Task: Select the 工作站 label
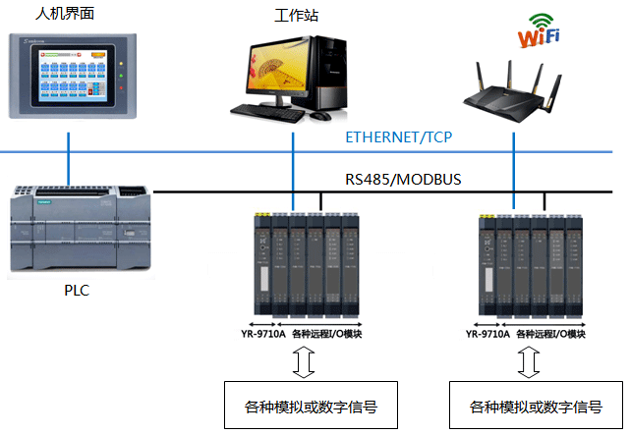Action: pos(296,16)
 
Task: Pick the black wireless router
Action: pos(514,93)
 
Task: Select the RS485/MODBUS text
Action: pos(402,180)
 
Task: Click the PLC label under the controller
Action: pos(78,292)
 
